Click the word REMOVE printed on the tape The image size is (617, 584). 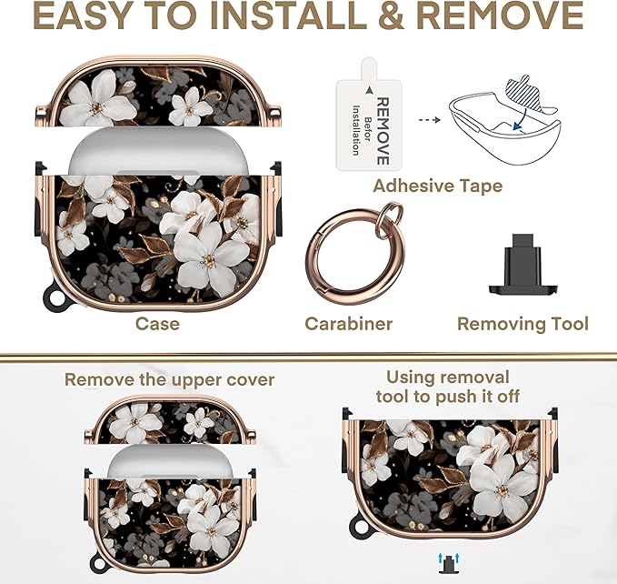click(x=383, y=131)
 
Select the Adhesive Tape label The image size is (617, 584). click(x=438, y=186)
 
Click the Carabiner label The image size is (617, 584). click(x=348, y=324)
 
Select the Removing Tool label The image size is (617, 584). click(x=522, y=324)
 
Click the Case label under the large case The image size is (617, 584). click(x=157, y=324)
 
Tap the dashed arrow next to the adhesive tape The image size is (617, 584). click(x=429, y=120)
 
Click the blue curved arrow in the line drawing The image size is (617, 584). click(x=524, y=117)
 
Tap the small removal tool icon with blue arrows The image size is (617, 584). click(x=448, y=563)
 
